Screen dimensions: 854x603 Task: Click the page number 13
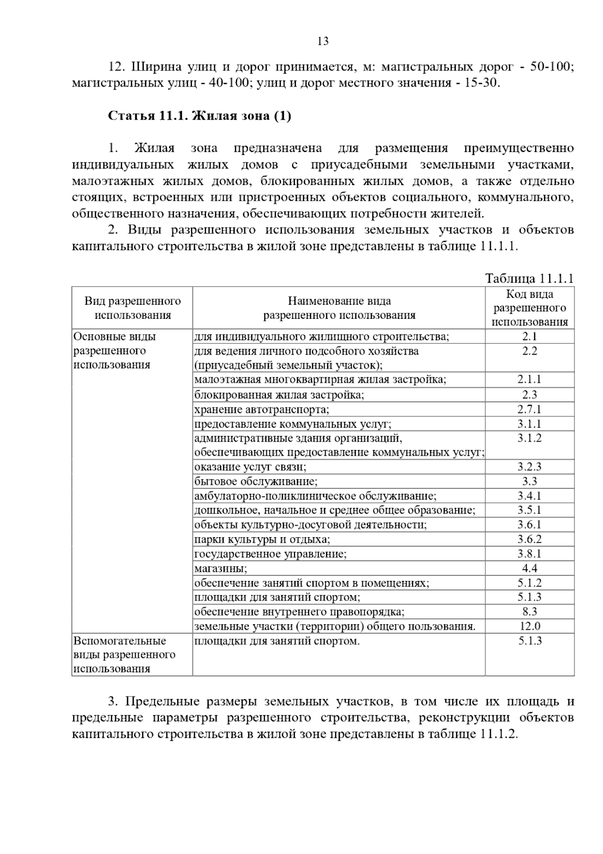[323, 41]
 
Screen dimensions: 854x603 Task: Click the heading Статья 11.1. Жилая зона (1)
[199, 116]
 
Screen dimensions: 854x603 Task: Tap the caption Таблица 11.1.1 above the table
[529, 279]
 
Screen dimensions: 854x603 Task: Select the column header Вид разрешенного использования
[133, 308]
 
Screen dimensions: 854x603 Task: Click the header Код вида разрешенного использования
[530, 308]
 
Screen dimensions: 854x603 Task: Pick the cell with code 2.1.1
[530, 380]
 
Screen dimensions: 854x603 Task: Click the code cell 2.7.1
[530, 409]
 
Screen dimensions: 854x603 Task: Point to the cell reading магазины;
[221, 569]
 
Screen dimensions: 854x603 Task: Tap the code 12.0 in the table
[530, 627]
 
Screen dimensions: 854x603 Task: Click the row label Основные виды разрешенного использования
[115, 351]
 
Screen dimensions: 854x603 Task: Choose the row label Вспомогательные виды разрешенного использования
[124, 655]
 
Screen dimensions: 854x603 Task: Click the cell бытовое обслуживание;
[256, 482]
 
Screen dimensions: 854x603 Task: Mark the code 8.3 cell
[530, 612]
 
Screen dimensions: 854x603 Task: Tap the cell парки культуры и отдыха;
[262, 540]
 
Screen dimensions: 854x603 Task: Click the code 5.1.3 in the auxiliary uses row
[530, 641]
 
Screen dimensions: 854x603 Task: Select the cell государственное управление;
[270, 554]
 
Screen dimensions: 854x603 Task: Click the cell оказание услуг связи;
[250, 467]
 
